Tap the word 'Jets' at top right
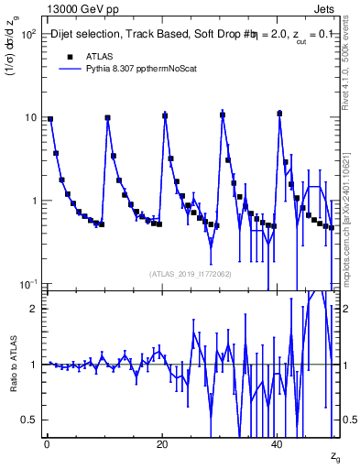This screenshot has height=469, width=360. [329, 7]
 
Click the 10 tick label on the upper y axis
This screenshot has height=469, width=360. [29, 117]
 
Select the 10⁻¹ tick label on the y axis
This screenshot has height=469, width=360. [27, 284]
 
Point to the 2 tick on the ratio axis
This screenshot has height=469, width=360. [34, 309]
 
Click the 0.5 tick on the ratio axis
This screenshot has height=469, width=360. [30, 420]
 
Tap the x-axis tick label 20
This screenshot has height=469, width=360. [162, 443]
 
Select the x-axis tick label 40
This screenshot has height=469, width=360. [278, 443]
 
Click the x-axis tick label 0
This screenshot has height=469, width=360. [47, 443]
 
